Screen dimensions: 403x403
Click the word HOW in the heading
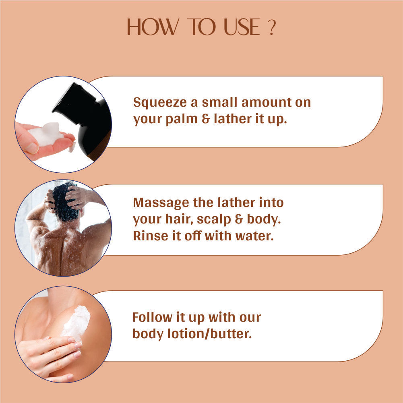[153, 27]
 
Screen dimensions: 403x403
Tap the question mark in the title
[272, 27]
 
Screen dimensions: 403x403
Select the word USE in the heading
[242, 27]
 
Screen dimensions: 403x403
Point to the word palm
[182, 120]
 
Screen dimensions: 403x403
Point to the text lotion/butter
[209, 334]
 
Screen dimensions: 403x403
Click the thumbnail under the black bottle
[32, 148]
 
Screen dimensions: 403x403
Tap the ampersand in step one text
[206, 119]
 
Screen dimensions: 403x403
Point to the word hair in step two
[179, 219]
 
